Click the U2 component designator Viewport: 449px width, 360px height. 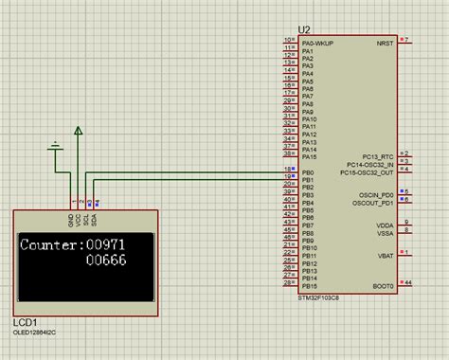click(x=304, y=30)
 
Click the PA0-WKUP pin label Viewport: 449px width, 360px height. click(x=318, y=42)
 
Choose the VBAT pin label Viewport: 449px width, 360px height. click(x=385, y=254)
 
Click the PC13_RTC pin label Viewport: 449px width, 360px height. click(x=378, y=154)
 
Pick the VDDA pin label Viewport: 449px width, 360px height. click(x=385, y=224)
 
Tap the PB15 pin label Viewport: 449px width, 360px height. click(x=310, y=284)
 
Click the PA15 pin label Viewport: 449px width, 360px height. click(x=310, y=155)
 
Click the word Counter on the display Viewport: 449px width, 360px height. click(x=50, y=243)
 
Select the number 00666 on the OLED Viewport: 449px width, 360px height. click(x=105, y=261)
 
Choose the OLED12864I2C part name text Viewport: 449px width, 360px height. click(x=41, y=333)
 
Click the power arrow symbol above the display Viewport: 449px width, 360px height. click(x=79, y=132)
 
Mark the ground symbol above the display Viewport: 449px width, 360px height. click(x=56, y=146)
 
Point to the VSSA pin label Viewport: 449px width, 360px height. click(x=385, y=232)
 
